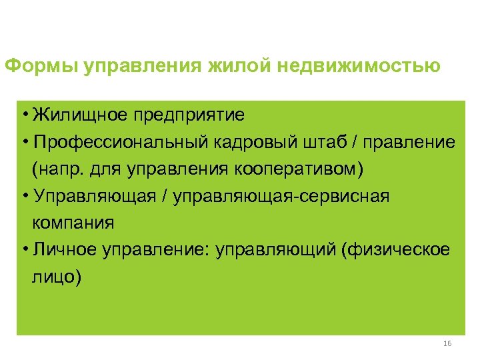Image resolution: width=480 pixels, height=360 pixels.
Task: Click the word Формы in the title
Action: coord(41,67)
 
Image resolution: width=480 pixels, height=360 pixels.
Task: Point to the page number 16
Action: coord(447,343)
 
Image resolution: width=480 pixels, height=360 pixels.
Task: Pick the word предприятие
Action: coord(193,115)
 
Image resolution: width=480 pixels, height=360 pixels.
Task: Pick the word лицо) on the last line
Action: coord(56,275)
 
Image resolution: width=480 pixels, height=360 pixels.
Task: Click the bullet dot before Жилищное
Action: coord(24,115)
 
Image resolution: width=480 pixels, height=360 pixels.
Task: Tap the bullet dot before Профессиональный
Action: coord(24,142)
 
